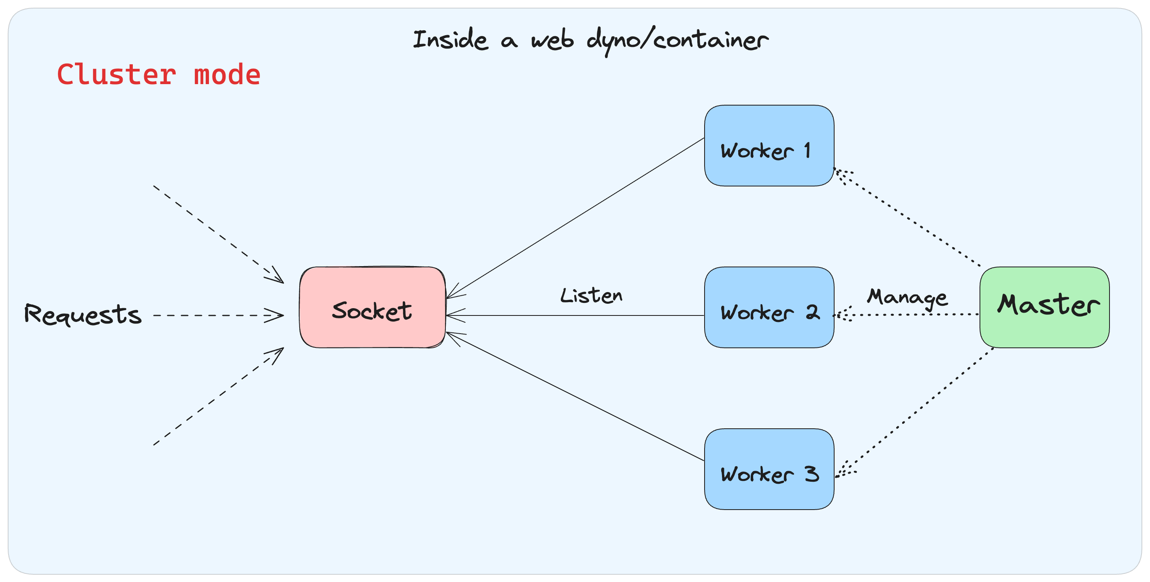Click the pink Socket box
coord(372,308)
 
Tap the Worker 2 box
coord(769,308)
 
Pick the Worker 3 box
coord(769,469)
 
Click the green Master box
coord(1044,308)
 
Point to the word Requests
coord(83,314)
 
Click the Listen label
coord(591,296)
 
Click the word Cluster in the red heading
coord(117,74)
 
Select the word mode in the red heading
coord(227,74)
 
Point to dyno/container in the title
coord(677,40)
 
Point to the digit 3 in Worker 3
coord(812,474)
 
